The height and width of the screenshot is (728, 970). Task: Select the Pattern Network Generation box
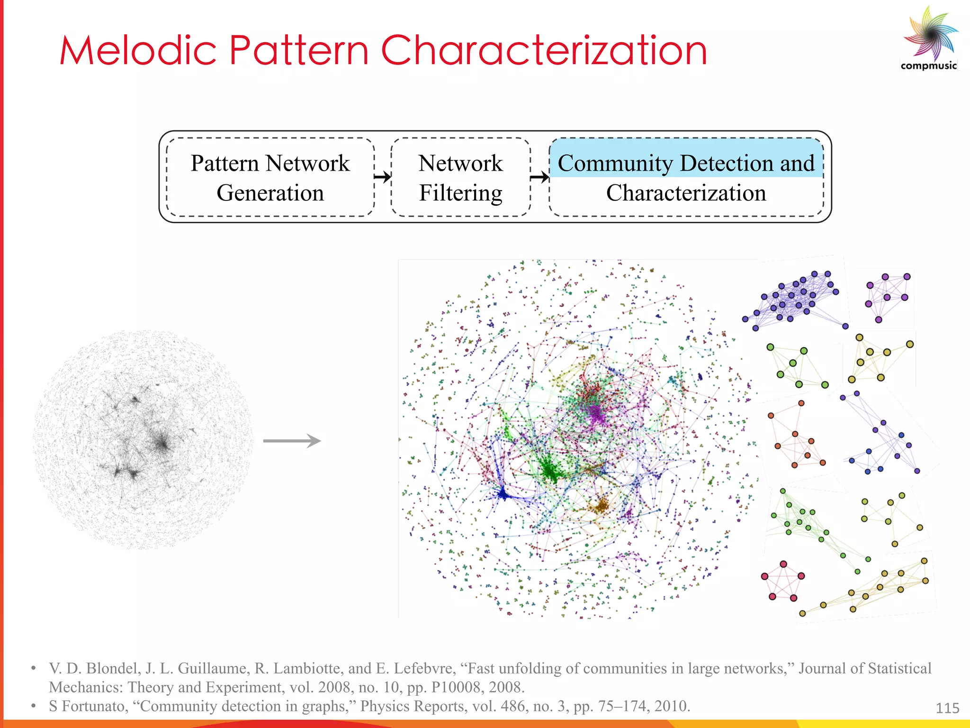point(270,177)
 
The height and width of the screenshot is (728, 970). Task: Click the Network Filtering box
point(460,177)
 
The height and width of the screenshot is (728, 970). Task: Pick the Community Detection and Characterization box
point(686,177)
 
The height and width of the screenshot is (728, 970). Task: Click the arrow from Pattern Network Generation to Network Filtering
point(383,177)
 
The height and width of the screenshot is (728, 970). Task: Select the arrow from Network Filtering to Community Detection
point(539,177)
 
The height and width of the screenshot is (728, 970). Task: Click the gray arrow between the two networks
point(292,441)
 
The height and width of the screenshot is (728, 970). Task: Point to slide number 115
point(947,708)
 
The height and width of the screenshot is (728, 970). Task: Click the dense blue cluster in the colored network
point(503,495)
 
